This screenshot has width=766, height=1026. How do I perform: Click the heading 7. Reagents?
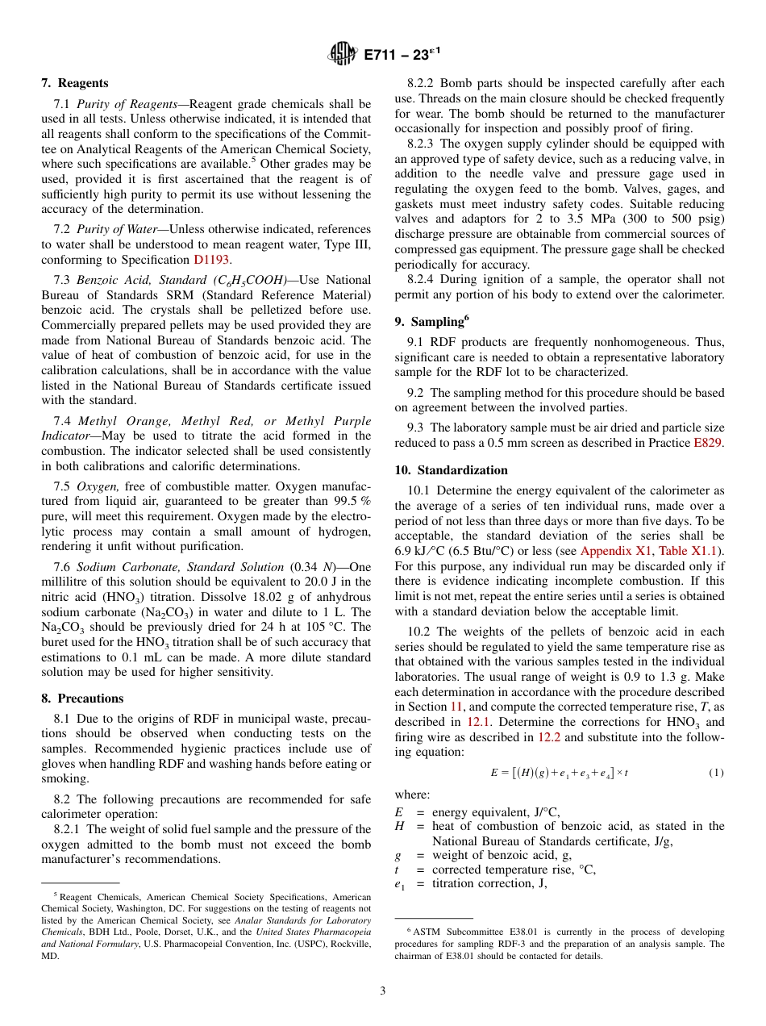(75, 83)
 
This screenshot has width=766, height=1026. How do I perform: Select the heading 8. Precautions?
(82, 699)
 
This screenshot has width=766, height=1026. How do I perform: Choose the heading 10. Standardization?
(451, 470)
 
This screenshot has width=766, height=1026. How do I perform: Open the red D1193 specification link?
(211, 260)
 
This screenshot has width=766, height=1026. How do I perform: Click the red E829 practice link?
(709, 443)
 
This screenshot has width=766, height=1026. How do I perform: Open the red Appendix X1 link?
(616, 551)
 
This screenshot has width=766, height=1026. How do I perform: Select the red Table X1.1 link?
(690, 551)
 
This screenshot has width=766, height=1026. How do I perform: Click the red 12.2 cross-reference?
(547, 736)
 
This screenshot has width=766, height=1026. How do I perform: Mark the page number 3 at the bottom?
(383, 991)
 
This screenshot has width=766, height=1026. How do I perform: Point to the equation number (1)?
(716, 773)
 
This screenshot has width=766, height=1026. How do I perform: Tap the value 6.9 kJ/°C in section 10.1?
(420, 551)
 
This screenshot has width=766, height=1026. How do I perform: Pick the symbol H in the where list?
(399, 826)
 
